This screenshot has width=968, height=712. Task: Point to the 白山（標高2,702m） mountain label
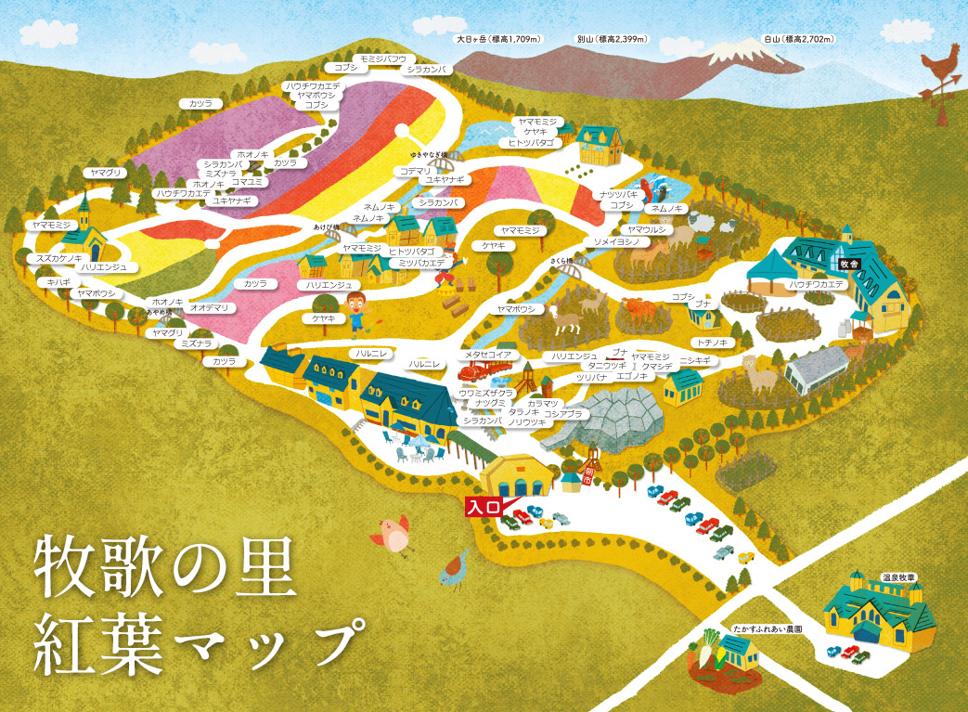point(797,40)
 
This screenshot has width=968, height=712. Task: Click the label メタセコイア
point(488,354)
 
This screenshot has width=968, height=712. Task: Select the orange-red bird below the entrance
point(393,533)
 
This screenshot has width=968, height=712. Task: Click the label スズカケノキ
point(59,258)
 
